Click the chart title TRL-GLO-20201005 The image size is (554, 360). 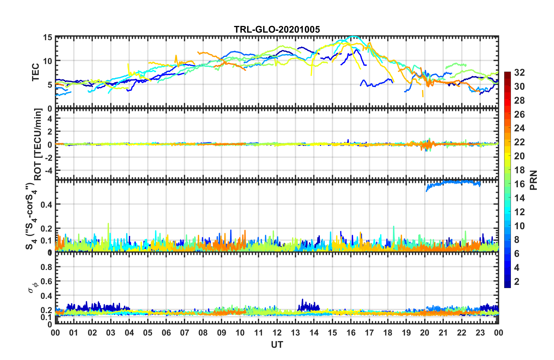coord(277,29)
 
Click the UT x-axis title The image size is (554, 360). coord(277,345)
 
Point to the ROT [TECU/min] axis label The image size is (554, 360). coord(38,144)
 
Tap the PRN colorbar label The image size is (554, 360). coord(533,180)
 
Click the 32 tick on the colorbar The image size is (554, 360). coord(519,73)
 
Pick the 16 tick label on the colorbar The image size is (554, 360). coord(519,184)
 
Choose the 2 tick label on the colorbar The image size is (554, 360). coord(517,282)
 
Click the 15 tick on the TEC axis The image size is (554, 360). coord(47,38)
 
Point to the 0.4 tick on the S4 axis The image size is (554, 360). coord(46,204)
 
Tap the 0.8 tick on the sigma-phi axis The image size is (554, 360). coord(46,267)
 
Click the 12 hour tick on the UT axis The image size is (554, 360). coord(277,333)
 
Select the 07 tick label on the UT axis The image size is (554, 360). coord(185,333)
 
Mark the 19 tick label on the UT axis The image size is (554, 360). coord(406,333)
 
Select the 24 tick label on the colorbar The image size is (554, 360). coord(519,128)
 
